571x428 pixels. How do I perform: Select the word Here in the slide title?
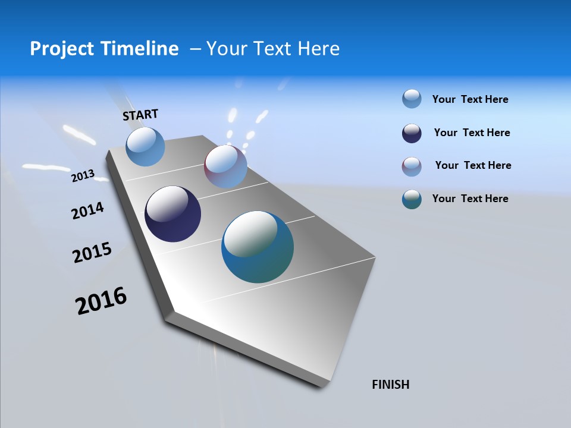[318, 49]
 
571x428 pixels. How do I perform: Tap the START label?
[140, 115]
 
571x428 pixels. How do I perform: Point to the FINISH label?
[390, 385]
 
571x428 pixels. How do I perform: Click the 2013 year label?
[83, 176]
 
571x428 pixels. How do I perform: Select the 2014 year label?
[87, 211]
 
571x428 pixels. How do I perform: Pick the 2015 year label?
[92, 253]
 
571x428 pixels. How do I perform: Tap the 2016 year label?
[101, 301]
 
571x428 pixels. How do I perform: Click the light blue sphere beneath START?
[146, 146]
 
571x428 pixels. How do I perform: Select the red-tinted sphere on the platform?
[225, 166]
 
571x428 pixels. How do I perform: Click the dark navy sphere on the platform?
[172, 214]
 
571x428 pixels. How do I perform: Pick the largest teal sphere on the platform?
[258, 247]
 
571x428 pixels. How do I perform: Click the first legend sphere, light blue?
[412, 99]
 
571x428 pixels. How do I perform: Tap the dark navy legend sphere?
[412, 133]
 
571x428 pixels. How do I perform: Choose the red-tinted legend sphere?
[412, 166]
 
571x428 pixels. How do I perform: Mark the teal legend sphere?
[412, 199]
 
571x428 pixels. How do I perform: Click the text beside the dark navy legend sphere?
[472, 133]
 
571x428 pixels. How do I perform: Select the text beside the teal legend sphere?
[470, 199]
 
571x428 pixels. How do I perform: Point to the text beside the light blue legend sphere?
[470, 99]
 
